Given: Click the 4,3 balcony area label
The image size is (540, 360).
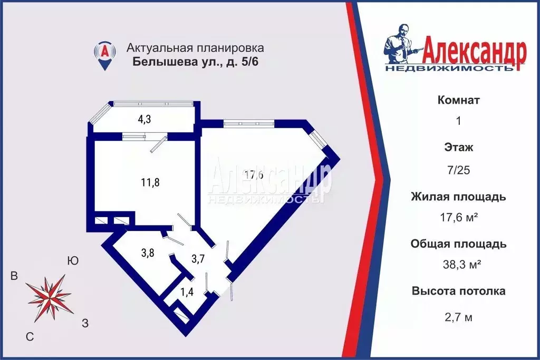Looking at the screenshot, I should click(x=144, y=119).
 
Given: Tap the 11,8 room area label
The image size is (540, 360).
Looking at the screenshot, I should click(x=150, y=183).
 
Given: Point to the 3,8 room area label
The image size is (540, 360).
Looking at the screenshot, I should click(x=147, y=252).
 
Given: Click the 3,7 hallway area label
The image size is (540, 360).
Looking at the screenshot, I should click(x=198, y=258).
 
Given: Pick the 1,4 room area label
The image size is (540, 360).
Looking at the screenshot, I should click(x=187, y=291).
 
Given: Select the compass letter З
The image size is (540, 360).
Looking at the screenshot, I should click(x=85, y=323).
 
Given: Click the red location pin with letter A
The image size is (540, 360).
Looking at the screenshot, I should click(x=105, y=55).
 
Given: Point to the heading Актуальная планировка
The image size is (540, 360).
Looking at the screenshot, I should click(x=195, y=48).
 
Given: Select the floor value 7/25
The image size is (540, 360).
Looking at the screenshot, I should click(x=459, y=170).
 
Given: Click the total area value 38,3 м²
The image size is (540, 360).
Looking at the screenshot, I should click(x=459, y=264).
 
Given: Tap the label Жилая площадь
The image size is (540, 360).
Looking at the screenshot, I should click(x=459, y=197).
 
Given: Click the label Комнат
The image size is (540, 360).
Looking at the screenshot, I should click(x=459, y=100).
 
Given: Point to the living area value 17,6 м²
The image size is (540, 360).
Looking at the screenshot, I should click(x=459, y=217).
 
